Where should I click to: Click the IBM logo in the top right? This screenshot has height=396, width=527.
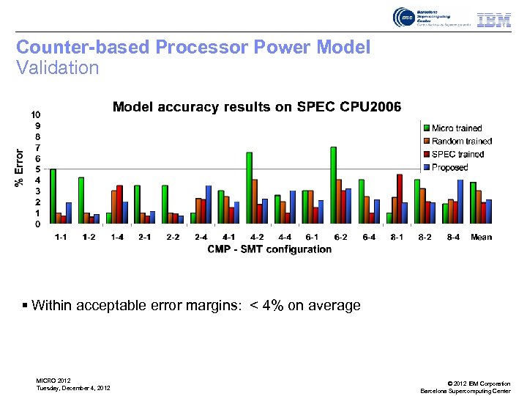tap(494, 20)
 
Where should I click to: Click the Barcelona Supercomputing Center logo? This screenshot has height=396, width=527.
tap(423, 18)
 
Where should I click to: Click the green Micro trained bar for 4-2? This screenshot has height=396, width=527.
tap(249, 188)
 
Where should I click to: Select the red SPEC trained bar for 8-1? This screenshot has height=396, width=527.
tap(399, 199)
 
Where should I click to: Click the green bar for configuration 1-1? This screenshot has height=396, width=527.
tap(53, 196)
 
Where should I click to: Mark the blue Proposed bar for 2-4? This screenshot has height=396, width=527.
tap(208, 205)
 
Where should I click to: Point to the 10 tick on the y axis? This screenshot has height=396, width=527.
tap(35, 115)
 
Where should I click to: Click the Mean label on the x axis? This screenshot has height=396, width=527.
tap(481, 237)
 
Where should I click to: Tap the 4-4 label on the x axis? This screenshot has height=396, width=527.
tap(285, 237)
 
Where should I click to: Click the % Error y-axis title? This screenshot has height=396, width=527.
tap(19, 168)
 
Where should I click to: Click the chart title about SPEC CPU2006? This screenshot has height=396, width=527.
tap(256, 107)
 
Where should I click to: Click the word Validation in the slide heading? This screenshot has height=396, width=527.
tap(57, 68)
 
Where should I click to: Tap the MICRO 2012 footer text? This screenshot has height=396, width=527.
tap(53, 380)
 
